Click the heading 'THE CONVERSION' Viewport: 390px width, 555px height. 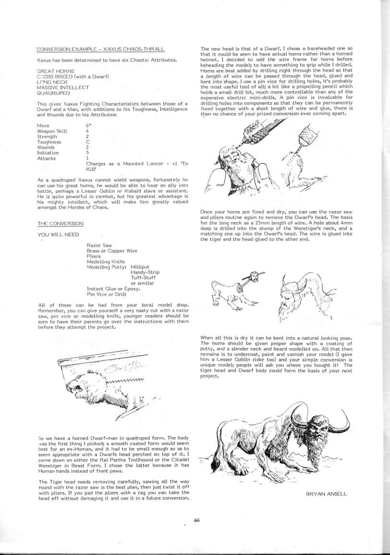coord(60,224)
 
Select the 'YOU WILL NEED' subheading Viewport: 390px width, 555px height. coord(56,234)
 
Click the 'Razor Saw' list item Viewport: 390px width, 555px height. coord(99,245)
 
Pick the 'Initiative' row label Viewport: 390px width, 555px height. coord(48,153)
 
